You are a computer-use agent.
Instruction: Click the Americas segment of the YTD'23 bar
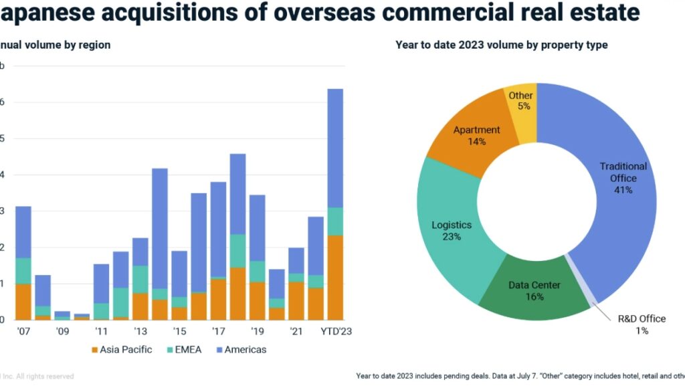coord(335,148)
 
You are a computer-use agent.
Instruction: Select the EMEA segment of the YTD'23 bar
coord(335,221)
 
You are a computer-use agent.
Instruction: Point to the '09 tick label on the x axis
coord(62,331)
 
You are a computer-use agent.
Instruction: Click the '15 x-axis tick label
coord(179,331)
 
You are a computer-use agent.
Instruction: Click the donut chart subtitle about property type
coord(501,45)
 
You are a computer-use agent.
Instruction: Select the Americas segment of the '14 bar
coord(159,228)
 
